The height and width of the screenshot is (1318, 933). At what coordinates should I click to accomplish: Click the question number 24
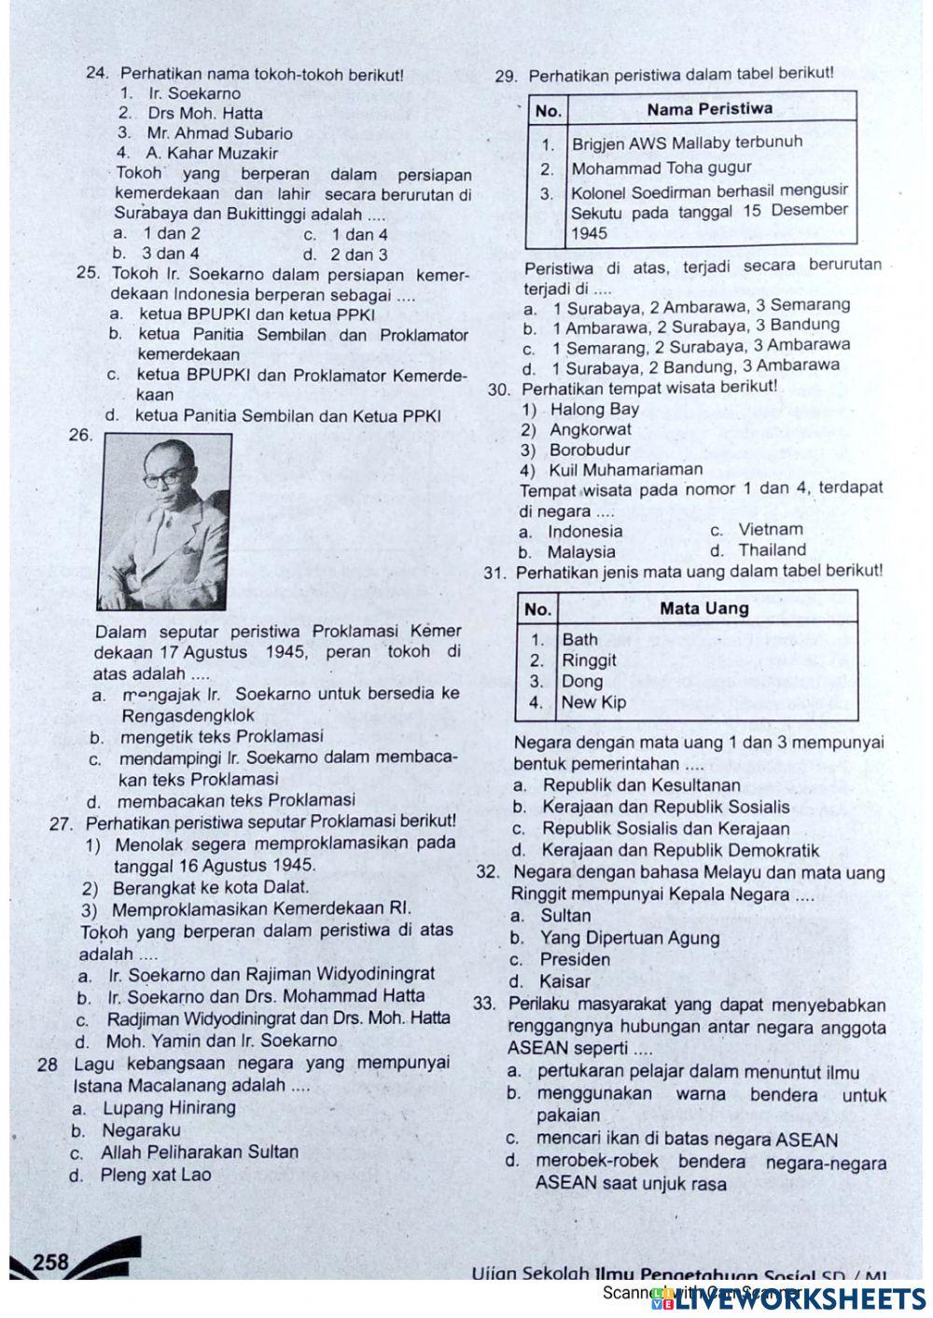pos(98,73)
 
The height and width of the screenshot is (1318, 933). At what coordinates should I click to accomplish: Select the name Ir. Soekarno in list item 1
pos(194,93)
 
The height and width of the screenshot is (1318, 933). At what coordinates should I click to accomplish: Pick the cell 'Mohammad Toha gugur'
pos(661,169)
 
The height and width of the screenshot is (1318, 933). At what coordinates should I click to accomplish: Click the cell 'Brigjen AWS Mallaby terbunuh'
pos(686,144)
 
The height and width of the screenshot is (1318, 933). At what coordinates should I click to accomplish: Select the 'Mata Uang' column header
pos(703,608)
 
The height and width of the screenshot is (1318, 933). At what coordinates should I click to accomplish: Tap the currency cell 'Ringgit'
pos(589,660)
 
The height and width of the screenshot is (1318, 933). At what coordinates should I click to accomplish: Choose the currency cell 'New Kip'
pos(593,702)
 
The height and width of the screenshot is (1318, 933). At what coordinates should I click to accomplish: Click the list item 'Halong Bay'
pos(593,409)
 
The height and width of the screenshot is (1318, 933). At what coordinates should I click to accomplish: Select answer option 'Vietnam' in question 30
pos(769,530)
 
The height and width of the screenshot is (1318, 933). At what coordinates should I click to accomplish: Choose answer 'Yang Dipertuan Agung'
pos(630,938)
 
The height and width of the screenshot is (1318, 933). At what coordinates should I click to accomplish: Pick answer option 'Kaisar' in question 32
pos(564,981)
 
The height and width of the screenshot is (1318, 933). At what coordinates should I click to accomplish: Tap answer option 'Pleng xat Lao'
pos(156,1174)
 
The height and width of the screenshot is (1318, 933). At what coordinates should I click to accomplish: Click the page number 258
pos(50,1262)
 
